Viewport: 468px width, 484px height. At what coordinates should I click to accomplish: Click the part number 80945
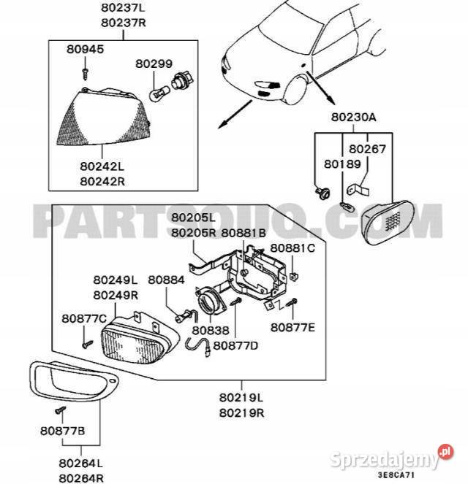click(85, 50)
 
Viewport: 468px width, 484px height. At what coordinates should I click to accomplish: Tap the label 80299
click(154, 64)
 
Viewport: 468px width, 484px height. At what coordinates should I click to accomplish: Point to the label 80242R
click(102, 180)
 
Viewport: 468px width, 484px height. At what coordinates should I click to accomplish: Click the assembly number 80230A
click(353, 117)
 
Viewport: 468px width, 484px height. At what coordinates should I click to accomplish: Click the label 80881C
click(292, 248)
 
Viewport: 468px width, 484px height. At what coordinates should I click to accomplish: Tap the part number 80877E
click(292, 326)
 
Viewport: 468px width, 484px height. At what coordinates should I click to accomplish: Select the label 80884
click(166, 279)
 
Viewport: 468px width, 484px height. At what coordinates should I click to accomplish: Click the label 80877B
click(63, 431)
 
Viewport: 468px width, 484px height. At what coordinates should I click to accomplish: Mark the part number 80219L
click(241, 398)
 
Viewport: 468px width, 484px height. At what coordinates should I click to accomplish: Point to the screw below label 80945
click(86, 72)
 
